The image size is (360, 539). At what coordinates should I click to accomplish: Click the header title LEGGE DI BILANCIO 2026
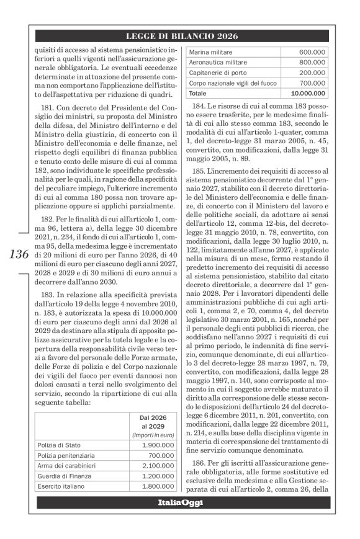point(180,36)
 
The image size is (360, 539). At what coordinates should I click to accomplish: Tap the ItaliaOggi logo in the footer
point(180,501)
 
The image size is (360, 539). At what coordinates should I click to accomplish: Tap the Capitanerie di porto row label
point(214,73)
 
